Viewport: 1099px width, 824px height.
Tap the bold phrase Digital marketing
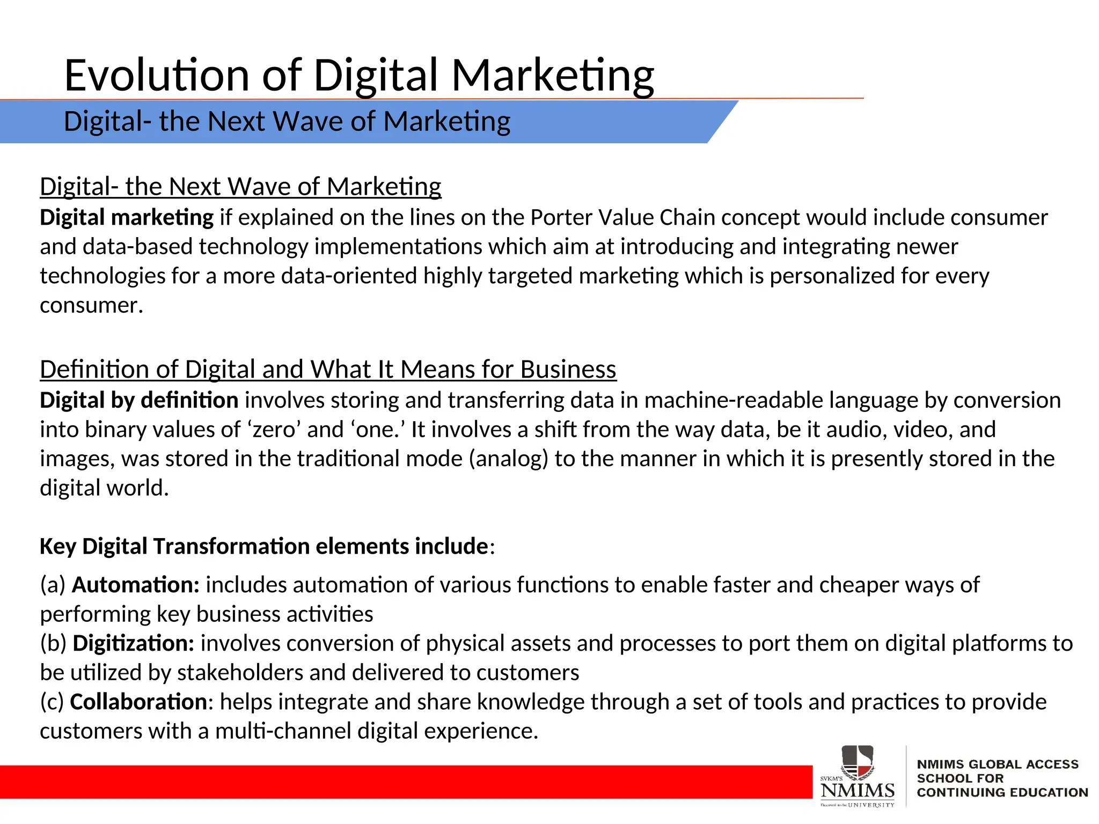(127, 218)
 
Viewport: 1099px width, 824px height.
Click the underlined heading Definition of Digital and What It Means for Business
(328, 370)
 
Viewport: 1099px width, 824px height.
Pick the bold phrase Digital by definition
(139, 401)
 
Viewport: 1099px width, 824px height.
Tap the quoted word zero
(274, 430)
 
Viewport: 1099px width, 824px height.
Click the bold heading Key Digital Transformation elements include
(264, 547)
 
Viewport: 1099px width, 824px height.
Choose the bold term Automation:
(136, 585)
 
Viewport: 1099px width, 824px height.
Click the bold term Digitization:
(134, 644)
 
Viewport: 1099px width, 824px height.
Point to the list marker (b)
(54, 644)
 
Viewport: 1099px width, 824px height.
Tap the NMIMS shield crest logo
(857, 762)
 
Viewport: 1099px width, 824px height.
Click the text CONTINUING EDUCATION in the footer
(1002, 792)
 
